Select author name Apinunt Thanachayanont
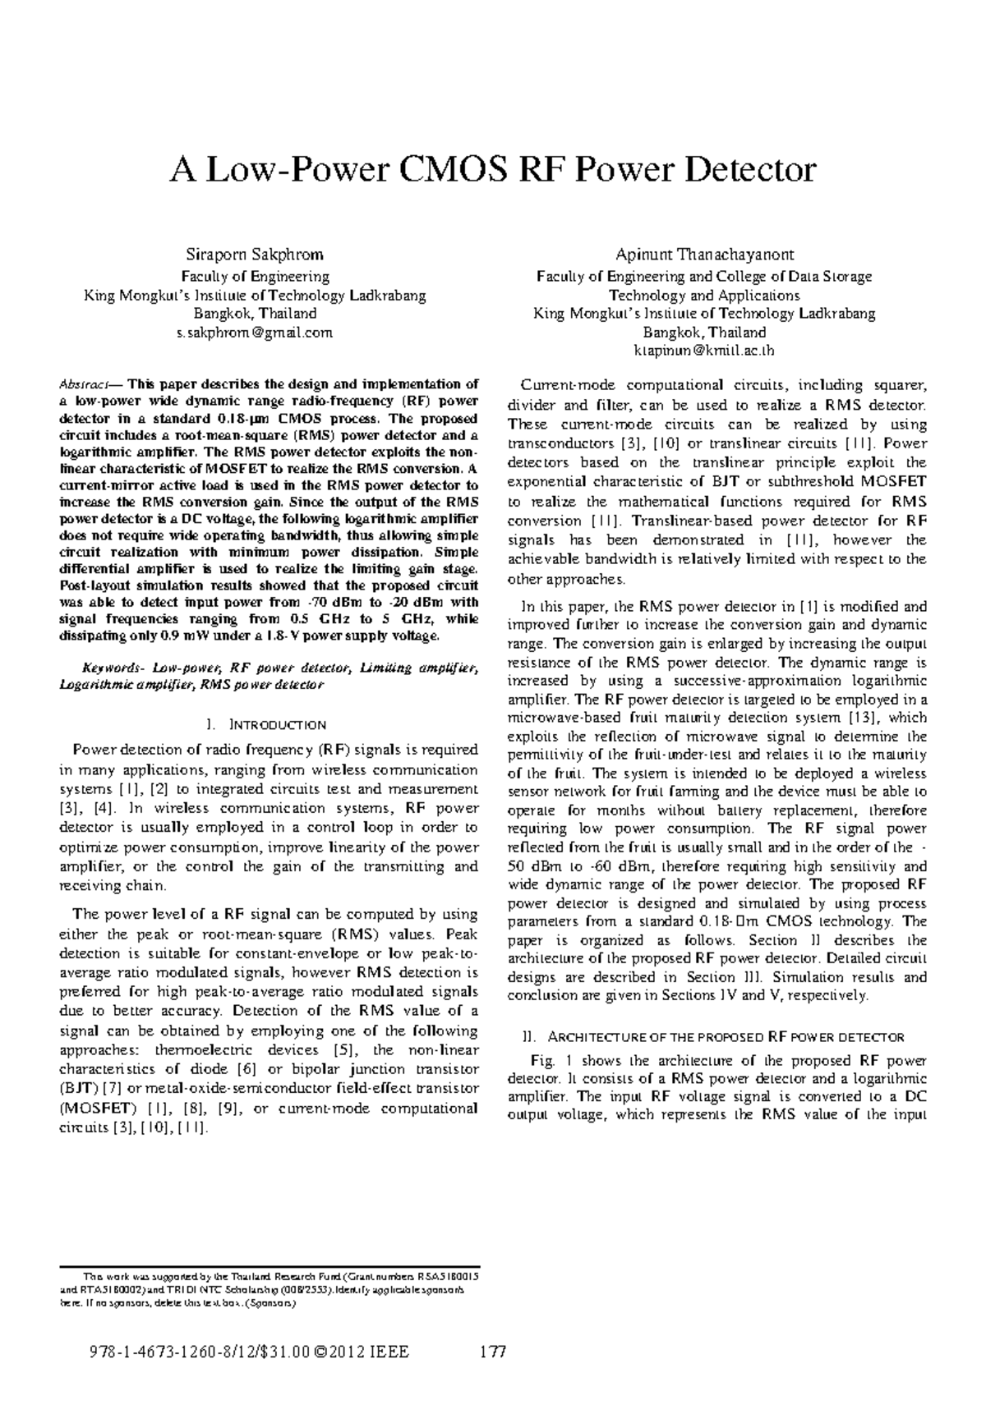tap(703, 255)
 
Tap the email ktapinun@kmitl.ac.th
tap(703, 351)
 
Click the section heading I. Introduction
tap(267, 724)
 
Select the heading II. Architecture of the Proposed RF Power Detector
tap(713, 1036)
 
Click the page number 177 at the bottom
tap(493, 1352)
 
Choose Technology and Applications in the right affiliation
tap(703, 295)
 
